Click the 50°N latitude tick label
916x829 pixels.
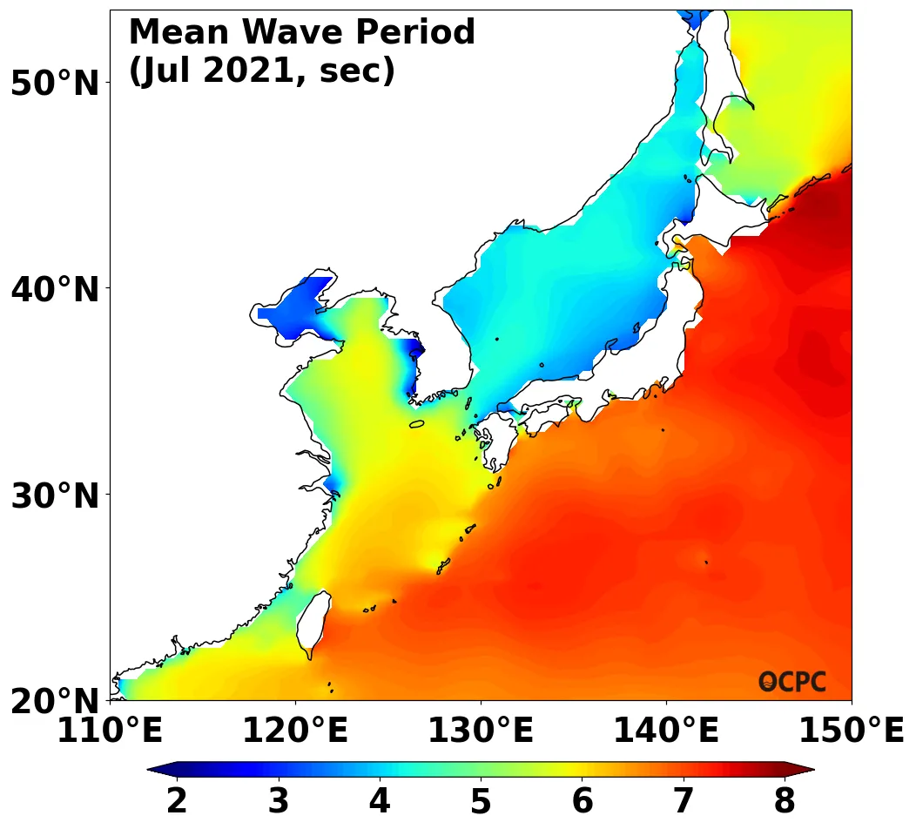point(55,84)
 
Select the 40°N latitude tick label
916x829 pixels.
point(55,289)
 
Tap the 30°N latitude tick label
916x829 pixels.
point(55,496)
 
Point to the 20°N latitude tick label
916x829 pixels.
point(55,702)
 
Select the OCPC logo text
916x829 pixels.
point(792,682)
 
